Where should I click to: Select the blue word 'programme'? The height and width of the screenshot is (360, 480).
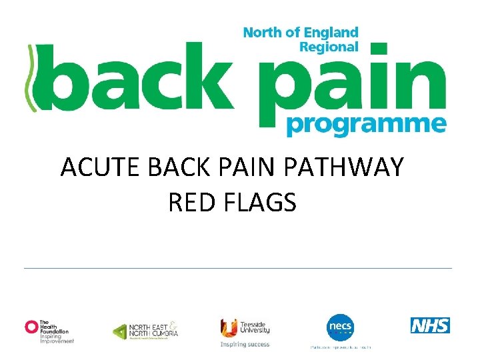pyautogui.click(x=365, y=125)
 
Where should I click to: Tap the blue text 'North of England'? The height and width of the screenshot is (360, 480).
pyautogui.click(x=301, y=33)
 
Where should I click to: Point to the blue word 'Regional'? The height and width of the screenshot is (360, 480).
pyautogui.click(x=329, y=47)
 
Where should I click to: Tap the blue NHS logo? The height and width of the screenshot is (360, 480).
pyautogui.click(x=430, y=325)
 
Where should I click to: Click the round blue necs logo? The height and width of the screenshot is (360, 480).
pyautogui.click(x=340, y=327)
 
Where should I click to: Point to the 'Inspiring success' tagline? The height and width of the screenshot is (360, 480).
pyautogui.click(x=245, y=345)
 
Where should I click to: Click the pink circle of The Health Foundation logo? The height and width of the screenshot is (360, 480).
pyautogui.click(x=31, y=326)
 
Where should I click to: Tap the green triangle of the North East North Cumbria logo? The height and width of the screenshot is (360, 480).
pyautogui.click(x=119, y=331)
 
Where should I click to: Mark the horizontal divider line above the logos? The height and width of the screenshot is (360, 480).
pyautogui.click(x=238, y=268)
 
